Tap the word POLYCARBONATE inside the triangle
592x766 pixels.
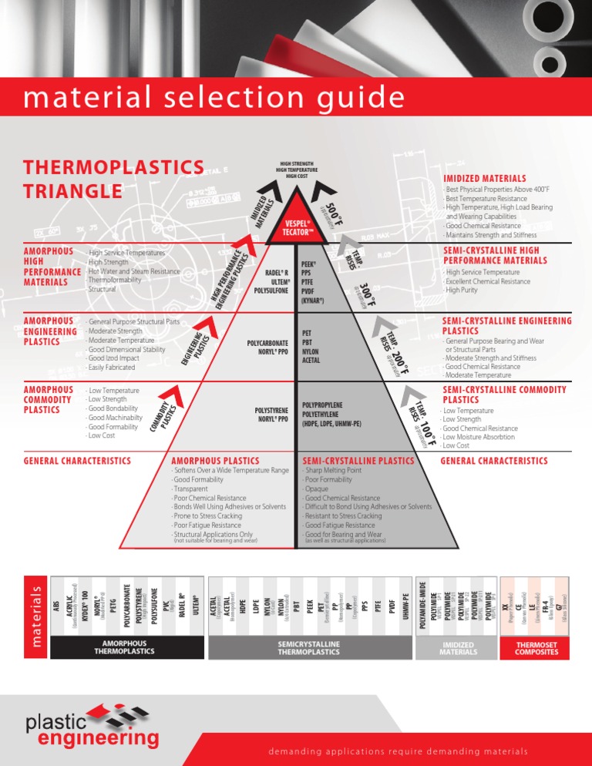[267, 341]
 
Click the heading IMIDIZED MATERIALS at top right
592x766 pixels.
[485, 178]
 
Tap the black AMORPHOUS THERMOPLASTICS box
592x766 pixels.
[124, 647]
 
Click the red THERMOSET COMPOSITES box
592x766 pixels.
[537, 647]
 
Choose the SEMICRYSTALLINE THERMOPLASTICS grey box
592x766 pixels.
[308, 647]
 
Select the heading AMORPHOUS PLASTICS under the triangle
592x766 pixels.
[215, 461]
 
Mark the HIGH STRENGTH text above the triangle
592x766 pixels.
[296, 163]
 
